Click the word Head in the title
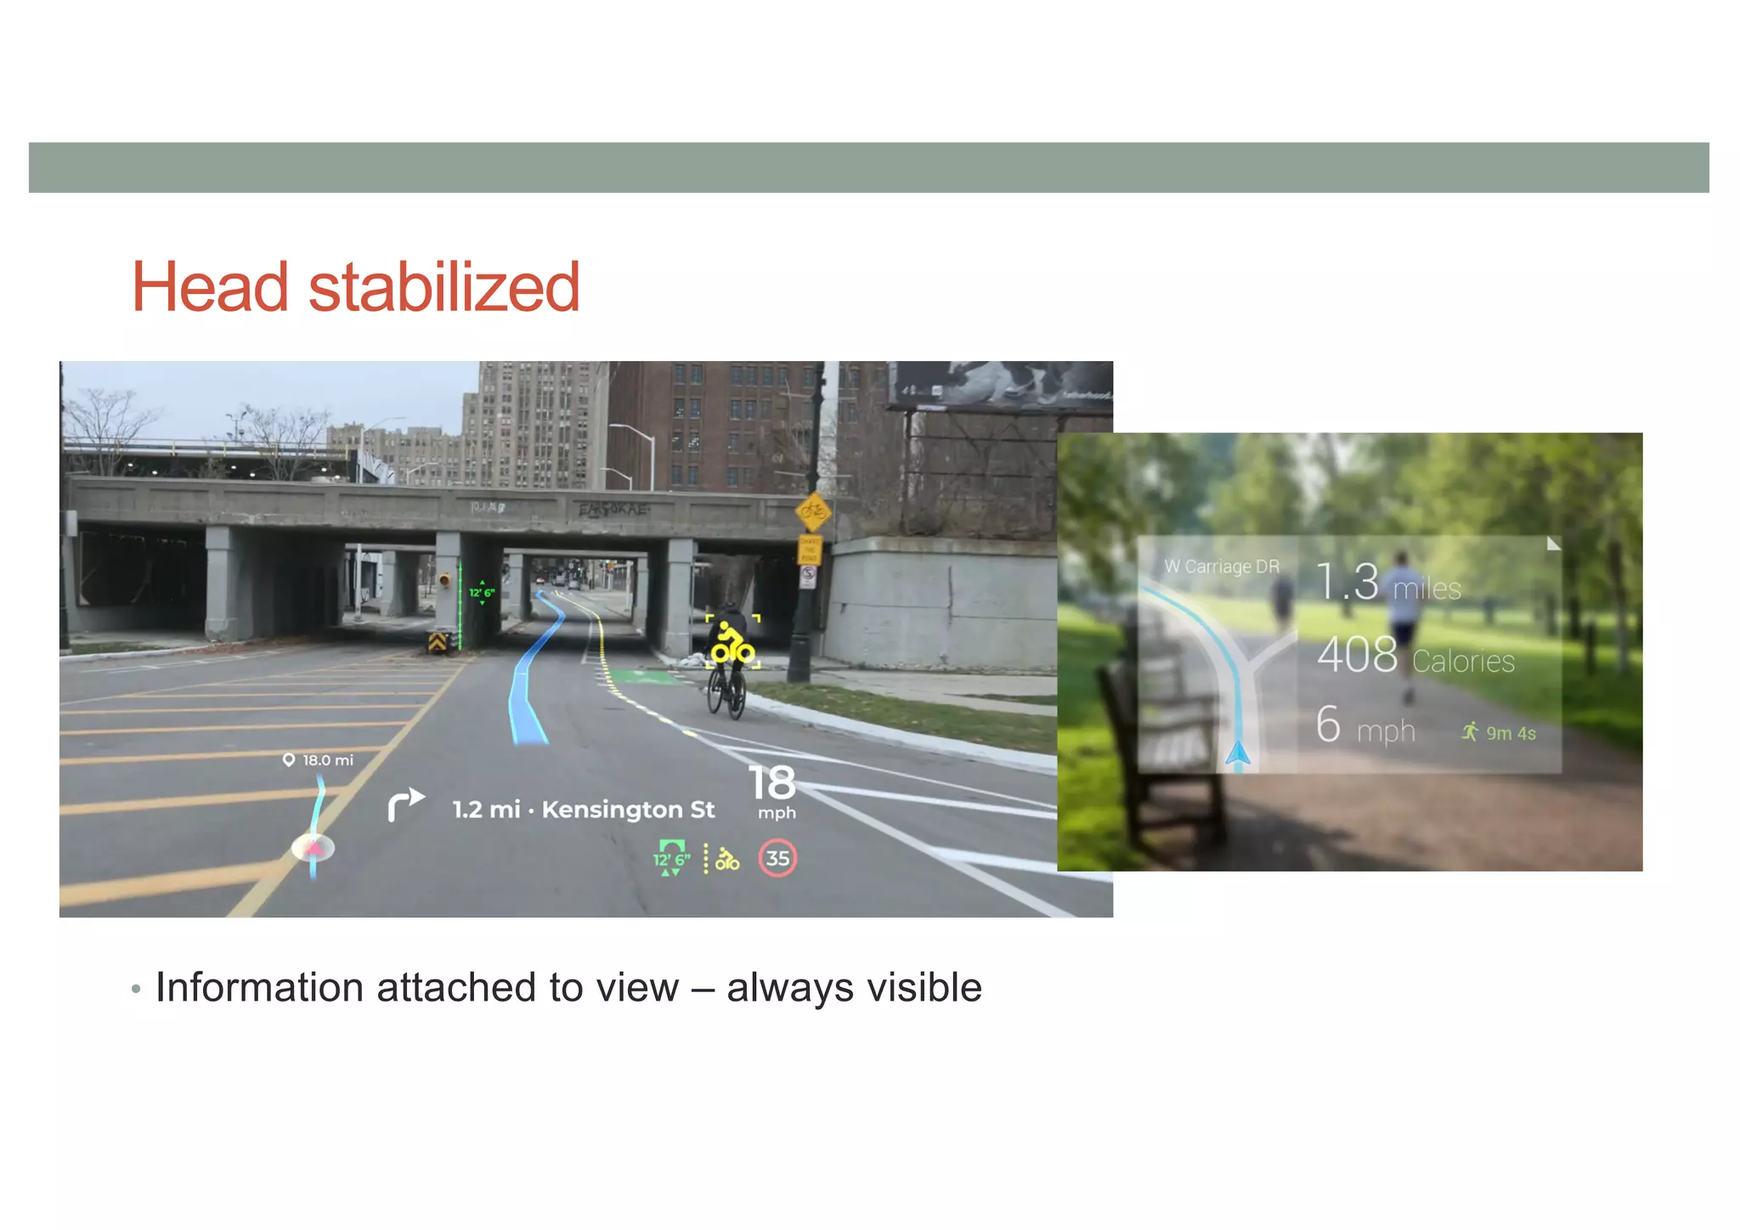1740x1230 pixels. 211,287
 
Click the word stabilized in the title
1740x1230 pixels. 443,287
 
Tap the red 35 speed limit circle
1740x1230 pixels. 777,858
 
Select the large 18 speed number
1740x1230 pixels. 771,783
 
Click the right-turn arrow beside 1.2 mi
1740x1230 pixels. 405,804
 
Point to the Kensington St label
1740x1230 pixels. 628,810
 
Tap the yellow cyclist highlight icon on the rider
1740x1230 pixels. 731,644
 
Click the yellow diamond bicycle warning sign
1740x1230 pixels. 813,511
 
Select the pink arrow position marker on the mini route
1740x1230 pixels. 314,846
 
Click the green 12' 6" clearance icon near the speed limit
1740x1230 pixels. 670,858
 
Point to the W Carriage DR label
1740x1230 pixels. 1221,567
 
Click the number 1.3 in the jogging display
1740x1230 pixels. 1347,582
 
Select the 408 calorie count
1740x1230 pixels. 1357,655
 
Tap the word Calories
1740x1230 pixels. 1463,661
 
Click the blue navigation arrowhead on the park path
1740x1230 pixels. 1238,753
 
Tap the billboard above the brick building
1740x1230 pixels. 1000,384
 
